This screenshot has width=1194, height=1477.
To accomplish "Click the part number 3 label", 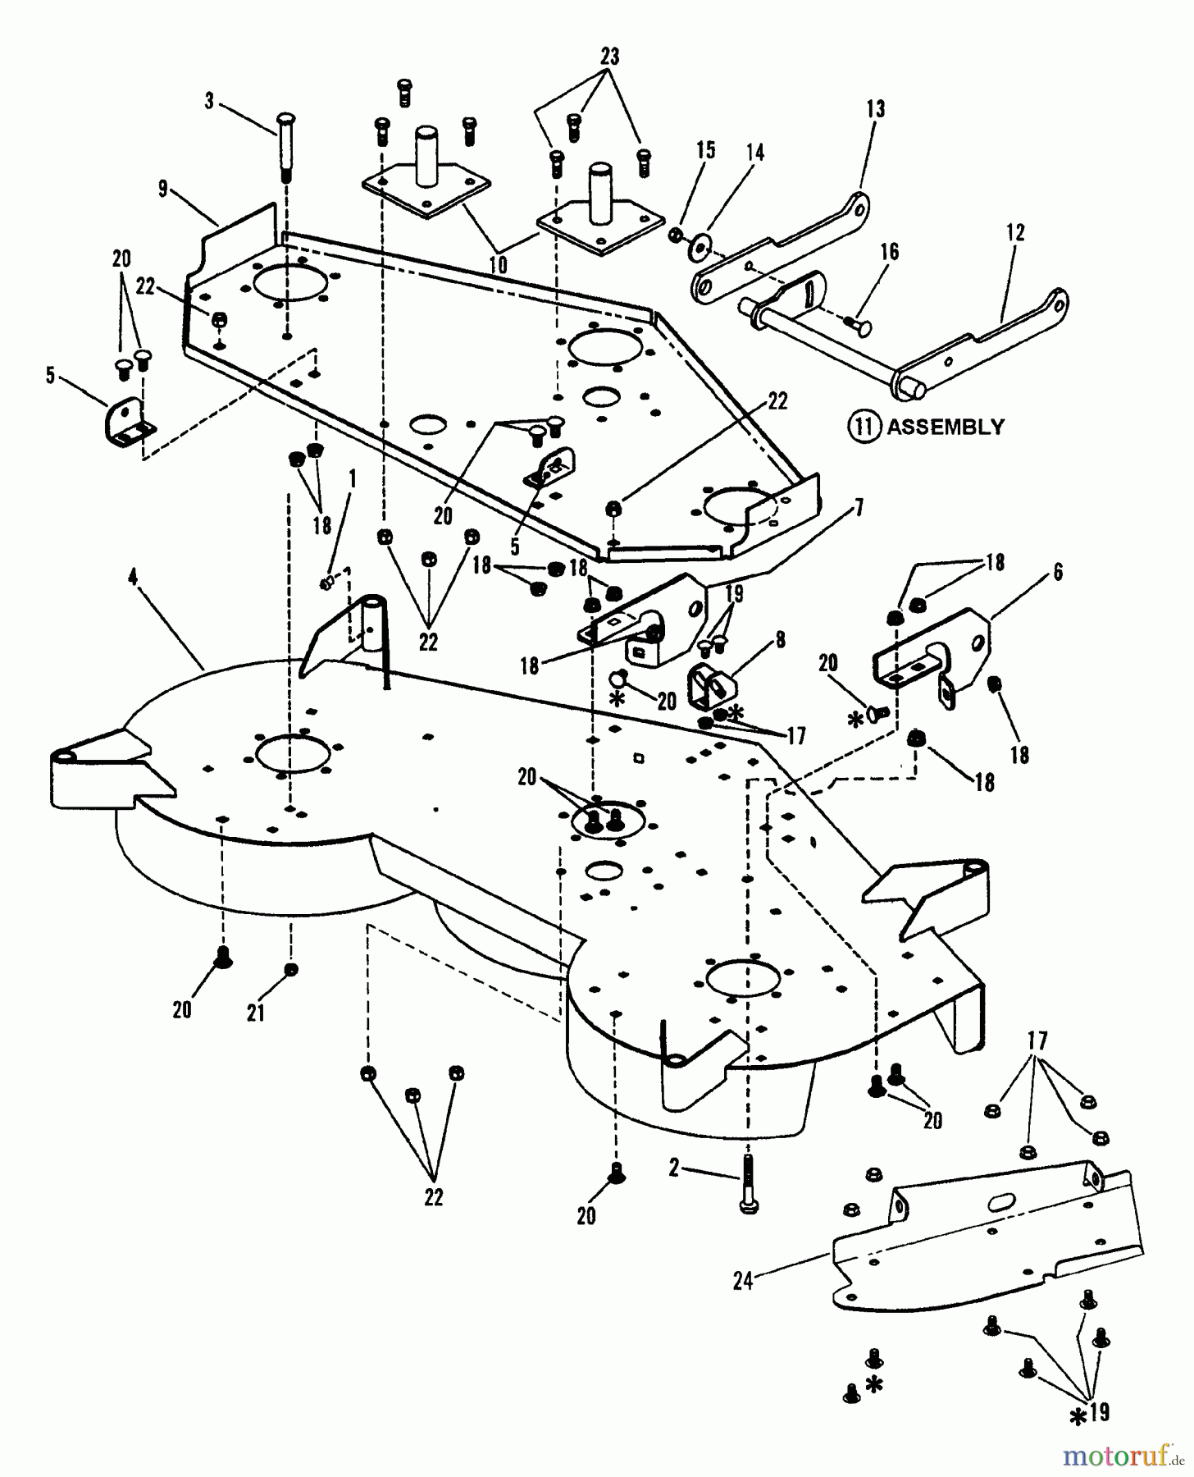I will [209, 101].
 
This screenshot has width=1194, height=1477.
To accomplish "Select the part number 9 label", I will [163, 190].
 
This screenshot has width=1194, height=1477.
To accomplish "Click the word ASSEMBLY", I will [945, 428].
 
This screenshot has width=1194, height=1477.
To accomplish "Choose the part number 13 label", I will [875, 109].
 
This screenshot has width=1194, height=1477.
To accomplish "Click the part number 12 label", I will [1015, 233].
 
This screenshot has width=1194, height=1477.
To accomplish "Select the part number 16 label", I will [890, 252].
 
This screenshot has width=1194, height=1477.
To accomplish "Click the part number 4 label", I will [132, 577].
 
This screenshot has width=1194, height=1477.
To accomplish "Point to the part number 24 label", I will [743, 1280].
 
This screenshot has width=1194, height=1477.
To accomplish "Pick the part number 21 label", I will [256, 1013].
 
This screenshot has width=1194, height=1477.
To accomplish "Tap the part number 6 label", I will [1058, 572].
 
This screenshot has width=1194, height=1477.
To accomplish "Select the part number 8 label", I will [779, 639].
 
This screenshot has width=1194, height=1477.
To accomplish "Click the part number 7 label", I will [859, 507].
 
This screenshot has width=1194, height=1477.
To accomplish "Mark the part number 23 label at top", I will [608, 57].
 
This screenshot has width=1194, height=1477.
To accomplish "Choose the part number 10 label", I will [498, 265].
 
